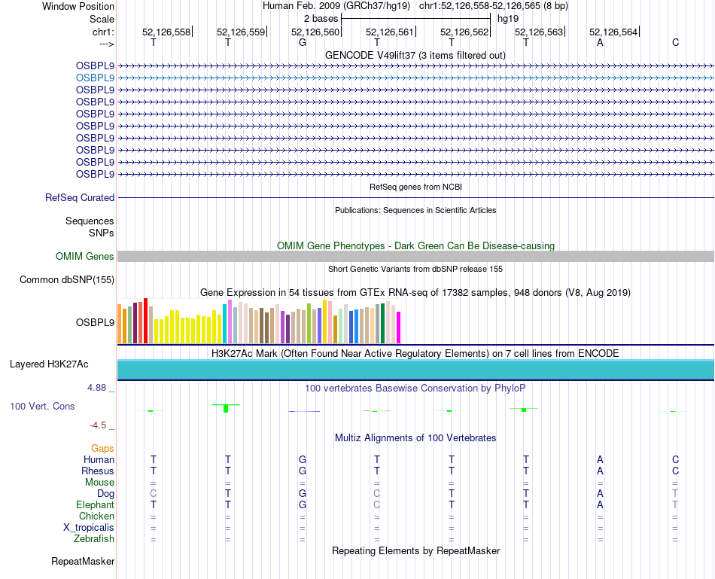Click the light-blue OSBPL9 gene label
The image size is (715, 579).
click(x=95, y=78)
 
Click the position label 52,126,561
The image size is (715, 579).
click(x=390, y=32)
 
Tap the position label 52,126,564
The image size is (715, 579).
click(x=613, y=32)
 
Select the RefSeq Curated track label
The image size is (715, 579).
click(x=80, y=198)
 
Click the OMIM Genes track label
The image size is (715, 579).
click(x=85, y=257)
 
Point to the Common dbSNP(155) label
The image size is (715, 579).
click(x=67, y=280)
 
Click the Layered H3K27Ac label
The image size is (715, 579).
click(x=49, y=364)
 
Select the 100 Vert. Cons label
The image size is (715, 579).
click(x=42, y=407)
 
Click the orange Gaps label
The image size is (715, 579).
click(x=102, y=449)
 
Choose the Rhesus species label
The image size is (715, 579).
click(x=98, y=471)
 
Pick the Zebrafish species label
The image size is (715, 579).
click(x=94, y=539)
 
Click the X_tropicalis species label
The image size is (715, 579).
click(x=89, y=528)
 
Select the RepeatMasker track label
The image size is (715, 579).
click(x=83, y=562)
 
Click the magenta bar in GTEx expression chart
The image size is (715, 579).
click(x=399, y=327)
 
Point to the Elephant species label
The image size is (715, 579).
click(x=95, y=505)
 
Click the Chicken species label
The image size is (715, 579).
click(x=96, y=517)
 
